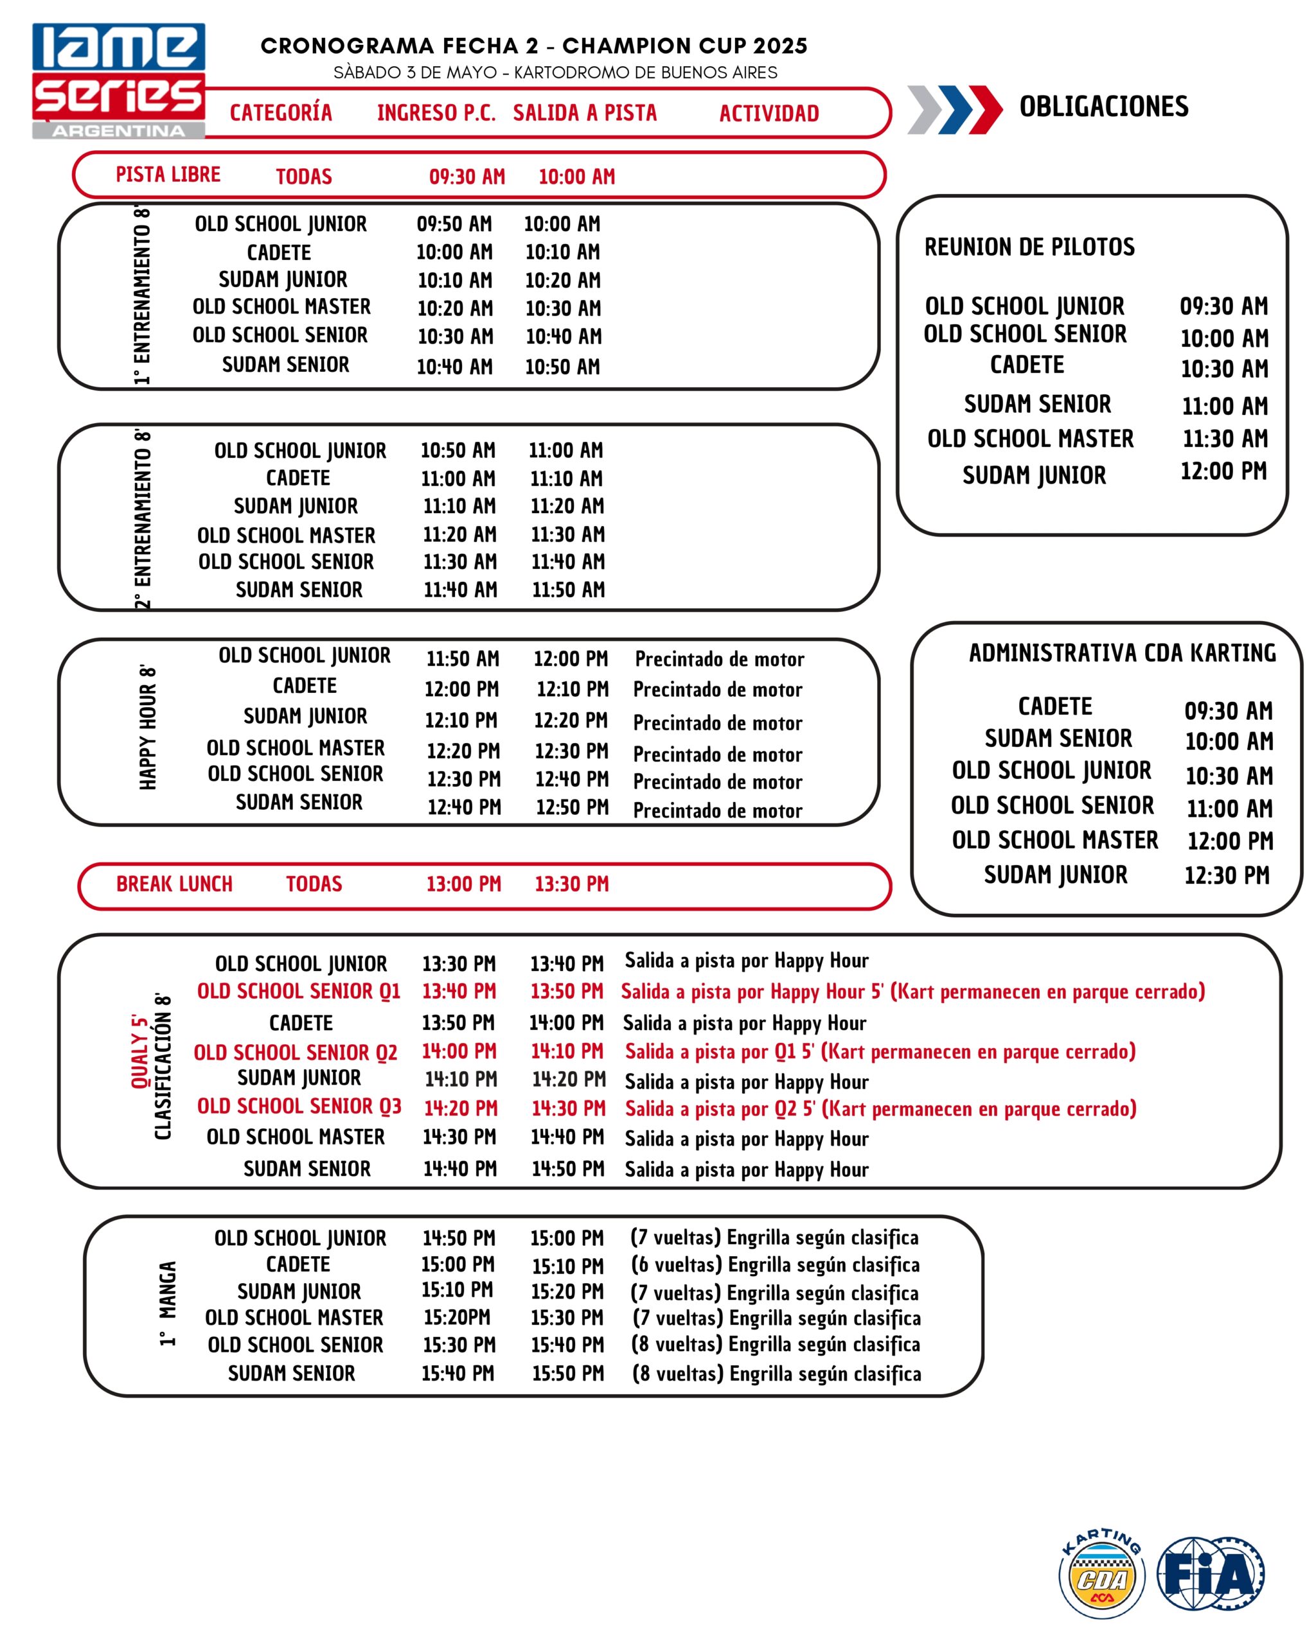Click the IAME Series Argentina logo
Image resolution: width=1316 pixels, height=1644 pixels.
coord(118,80)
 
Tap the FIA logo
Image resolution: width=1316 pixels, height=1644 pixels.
coord(1211,1574)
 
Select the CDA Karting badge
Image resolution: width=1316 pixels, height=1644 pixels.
coord(1103,1574)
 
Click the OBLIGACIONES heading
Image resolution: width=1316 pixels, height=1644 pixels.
coord(1103,107)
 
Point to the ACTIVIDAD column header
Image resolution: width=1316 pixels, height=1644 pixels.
coord(769,114)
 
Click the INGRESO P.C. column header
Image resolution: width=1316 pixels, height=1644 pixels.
coord(436,114)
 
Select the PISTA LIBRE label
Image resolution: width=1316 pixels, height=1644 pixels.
coord(168,175)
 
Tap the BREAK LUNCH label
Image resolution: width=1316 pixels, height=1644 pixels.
coord(174,884)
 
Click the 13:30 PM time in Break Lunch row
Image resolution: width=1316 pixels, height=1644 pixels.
coord(571,884)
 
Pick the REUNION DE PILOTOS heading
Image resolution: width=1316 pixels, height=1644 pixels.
coord(1029,247)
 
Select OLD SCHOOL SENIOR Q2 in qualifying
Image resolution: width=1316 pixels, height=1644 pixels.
coord(295,1053)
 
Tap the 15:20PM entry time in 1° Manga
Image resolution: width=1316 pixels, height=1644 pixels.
coord(457,1317)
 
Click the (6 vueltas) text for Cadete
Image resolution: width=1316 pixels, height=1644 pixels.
coord(676,1265)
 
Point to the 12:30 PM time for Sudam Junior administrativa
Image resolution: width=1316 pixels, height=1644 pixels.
coord(1226,875)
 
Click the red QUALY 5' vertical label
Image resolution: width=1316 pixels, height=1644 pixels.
coord(139,1053)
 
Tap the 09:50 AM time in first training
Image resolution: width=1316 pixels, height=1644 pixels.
coord(454,224)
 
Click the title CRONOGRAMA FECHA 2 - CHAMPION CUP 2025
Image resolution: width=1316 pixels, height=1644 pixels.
coord(534,46)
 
